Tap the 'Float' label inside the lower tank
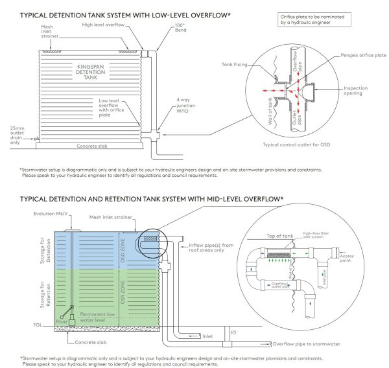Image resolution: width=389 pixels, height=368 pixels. [60, 320]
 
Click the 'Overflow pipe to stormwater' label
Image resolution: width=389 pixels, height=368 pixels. [312, 344]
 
